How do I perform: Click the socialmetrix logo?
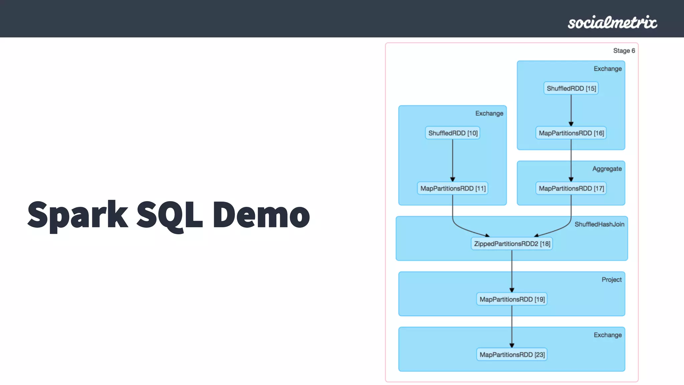[612, 22]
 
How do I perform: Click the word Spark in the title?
[77, 215]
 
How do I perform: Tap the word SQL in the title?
[170, 215]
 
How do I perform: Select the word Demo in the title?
[261, 215]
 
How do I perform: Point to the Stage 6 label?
[624, 51]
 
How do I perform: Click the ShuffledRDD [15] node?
[571, 89]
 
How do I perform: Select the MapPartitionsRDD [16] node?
[571, 133]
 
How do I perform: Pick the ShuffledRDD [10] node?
[453, 133]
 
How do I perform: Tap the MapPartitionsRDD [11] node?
[453, 188]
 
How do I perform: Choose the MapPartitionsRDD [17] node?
[571, 188]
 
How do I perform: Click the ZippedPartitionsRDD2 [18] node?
[512, 244]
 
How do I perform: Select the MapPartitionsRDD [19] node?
[512, 299]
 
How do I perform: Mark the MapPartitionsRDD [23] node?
[512, 355]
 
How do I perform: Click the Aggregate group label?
[607, 169]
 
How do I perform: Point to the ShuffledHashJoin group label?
[599, 224]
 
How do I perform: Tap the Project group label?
[612, 280]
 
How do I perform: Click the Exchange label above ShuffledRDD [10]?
[489, 114]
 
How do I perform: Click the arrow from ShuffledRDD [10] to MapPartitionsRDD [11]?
[453, 160]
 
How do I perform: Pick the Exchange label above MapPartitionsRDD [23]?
[608, 335]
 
